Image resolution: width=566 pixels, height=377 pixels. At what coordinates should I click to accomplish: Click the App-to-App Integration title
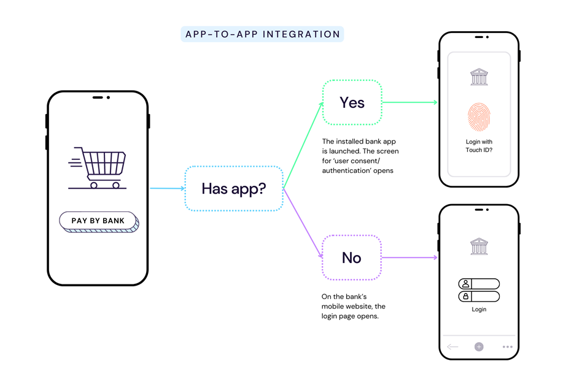[x=262, y=34]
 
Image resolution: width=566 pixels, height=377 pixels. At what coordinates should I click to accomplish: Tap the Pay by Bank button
[x=98, y=221]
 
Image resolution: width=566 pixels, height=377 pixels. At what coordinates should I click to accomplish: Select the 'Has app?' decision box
[x=234, y=189]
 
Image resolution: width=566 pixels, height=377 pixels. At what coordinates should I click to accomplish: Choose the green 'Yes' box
[x=352, y=102]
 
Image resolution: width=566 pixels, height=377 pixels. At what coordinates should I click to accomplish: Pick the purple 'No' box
[x=352, y=257]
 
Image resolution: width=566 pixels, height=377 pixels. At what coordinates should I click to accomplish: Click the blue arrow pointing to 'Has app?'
[x=167, y=188]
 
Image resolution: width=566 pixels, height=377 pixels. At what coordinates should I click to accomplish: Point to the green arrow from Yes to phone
[x=409, y=102]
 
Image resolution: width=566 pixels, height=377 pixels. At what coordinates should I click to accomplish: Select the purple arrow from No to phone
[x=409, y=257]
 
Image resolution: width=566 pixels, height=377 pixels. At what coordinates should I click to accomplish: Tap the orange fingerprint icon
[x=479, y=117]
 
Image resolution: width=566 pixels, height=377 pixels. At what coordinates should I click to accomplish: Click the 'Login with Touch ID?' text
[x=479, y=146]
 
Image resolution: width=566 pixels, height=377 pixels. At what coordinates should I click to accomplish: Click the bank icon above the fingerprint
[x=479, y=77]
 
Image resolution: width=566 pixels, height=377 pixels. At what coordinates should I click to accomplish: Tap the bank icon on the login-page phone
[x=479, y=246]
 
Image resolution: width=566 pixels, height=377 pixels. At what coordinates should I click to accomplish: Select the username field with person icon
[x=479, y=284]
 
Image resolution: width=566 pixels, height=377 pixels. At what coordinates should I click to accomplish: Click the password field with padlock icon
[x=479, y=297]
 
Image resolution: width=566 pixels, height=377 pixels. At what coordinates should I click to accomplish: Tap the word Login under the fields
[x=479, y=310]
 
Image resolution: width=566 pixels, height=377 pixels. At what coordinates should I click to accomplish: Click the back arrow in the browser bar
[x=453, y=347]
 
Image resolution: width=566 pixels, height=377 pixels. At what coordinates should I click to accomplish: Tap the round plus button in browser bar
[x=479, y=347]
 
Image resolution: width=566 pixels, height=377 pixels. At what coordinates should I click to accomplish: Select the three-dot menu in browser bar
[x=507, y=347]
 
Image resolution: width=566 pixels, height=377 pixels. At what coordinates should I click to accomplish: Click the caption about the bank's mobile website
[x=354, y=306]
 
